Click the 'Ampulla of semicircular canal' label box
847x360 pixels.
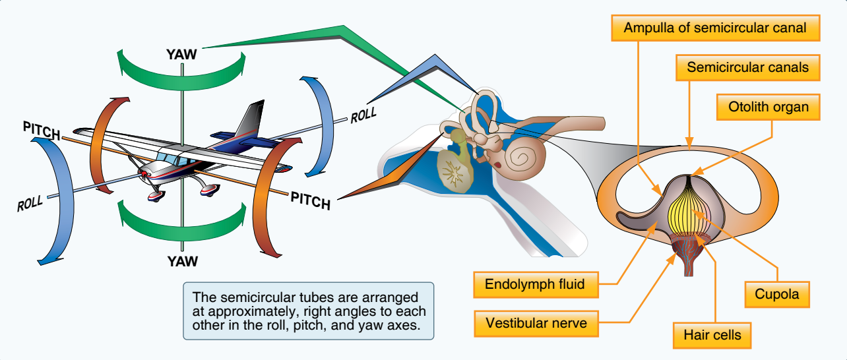point(714,29)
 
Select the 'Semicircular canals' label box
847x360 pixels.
point(747,67)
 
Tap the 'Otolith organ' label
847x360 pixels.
point(769,107)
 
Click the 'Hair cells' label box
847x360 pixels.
point(712,335)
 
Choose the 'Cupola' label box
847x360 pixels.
point(777,294)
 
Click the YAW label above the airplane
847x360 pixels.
point(181,54)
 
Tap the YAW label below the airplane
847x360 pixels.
point(183,261)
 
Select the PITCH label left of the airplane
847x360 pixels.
point(42,130)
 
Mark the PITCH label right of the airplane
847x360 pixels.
point(310,198)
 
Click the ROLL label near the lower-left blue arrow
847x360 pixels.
point(30,203)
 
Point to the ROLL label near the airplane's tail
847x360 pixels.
point(363,115)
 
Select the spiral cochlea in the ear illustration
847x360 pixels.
point(527,156)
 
